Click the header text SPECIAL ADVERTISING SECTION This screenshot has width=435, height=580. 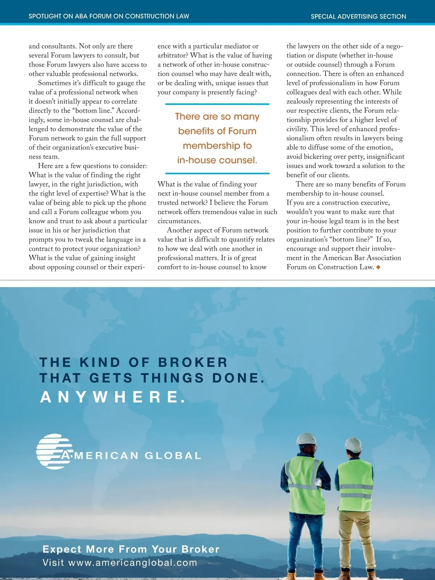[x=358, y=16]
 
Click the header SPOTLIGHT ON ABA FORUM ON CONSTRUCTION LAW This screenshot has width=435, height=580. [x=109, y=16]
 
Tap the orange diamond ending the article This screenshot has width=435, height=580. [x=378, y=267]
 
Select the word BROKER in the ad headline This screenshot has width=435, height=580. [x=192, y=362]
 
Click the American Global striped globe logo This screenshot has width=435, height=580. [x=54, y=451]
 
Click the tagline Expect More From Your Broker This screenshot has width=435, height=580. [x=131, y=549]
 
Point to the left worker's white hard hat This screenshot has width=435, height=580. [x=306, y=439]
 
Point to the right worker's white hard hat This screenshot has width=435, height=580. [x=353, y=444]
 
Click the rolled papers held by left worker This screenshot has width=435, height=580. [x=319, y=481]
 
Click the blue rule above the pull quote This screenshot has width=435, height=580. [x=217, y=104]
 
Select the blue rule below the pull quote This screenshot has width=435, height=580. [x=217, y=174]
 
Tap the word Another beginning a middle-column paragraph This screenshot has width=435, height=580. [x=180, y=230]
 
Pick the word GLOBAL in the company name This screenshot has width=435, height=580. [x=173, y=456]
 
